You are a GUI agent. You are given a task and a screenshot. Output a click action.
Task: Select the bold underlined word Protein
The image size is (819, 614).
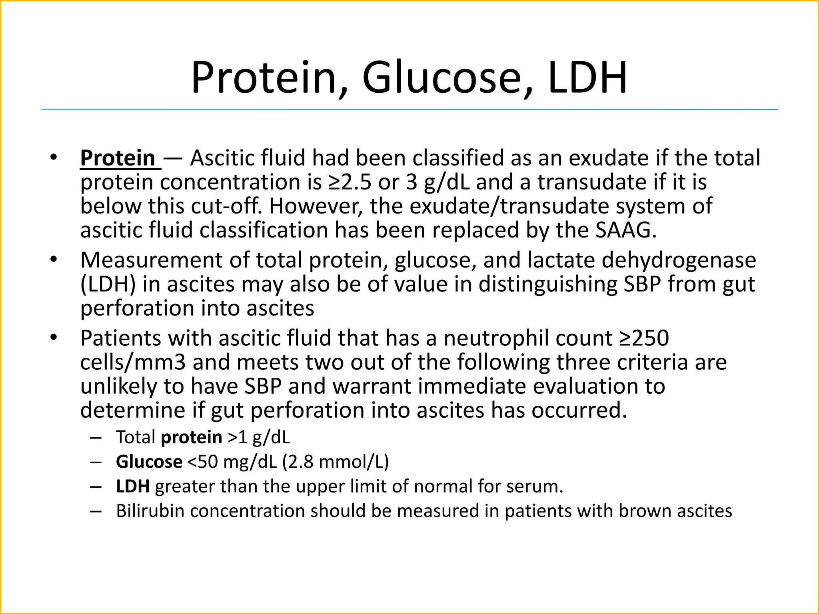tap(118, 158)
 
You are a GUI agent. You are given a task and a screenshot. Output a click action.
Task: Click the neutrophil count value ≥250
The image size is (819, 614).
tap(644, 338)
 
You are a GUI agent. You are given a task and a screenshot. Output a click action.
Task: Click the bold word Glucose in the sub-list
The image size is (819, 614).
tap(149, 462)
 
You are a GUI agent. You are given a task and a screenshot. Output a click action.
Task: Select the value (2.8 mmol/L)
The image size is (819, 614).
tap(335, 462)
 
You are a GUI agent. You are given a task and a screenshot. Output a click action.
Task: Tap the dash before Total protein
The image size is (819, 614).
tap(96, 438)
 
